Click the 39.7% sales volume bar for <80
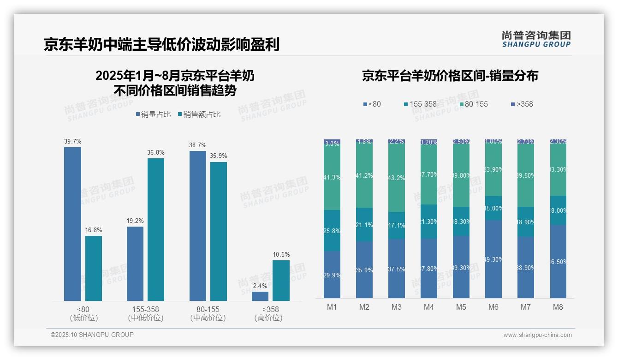pos(72,224)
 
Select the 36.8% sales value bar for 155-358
pos(156,229)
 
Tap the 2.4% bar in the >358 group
pos(260,296)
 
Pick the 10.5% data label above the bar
pos(281,255)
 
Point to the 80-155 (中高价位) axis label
pos(208,313)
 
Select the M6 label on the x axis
pos(493,307)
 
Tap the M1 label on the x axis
pos(332,307)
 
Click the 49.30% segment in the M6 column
pos(493,259)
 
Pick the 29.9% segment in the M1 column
pos(332,275)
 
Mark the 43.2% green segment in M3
pos(397,178)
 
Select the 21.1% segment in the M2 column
pos(364,225)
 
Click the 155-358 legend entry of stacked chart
pos(420,104)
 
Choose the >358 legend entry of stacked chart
pos(522,104)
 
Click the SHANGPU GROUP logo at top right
pos(536,39)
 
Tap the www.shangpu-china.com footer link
pos(537,335)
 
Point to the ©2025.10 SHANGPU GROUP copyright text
pos(92,335)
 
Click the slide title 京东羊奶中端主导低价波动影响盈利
pos(162,44)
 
